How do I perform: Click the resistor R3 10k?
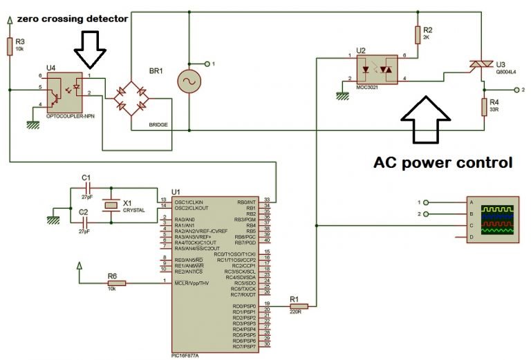pos(10,46)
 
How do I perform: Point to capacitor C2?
pos(86,222)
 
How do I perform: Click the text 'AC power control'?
pos(442,163)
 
